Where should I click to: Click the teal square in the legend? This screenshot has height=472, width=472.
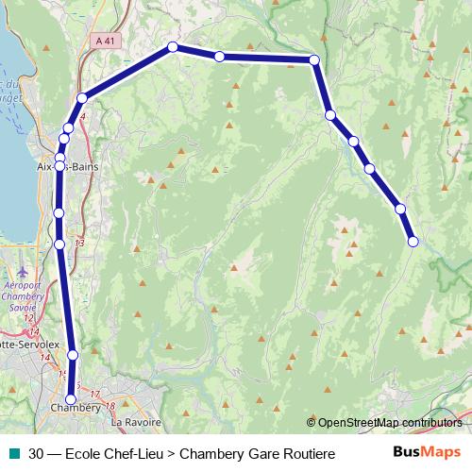pos(12,454)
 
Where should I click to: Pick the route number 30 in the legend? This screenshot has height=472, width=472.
pos(36,454)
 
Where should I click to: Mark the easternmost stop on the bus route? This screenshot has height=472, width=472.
pos(413,242)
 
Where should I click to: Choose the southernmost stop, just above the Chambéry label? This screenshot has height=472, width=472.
pos(70,399)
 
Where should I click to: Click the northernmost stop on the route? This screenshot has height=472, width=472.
pos(173,46)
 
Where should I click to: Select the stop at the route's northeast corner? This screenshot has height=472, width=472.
pos(314,59)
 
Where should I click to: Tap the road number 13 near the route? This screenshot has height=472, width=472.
pos(77,243)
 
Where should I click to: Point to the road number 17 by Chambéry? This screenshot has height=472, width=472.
pos(94,392)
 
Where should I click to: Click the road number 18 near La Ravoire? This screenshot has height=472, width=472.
pos(110,406)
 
